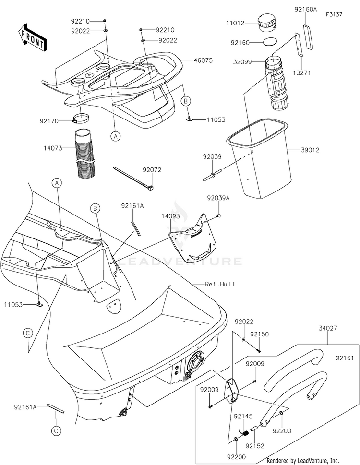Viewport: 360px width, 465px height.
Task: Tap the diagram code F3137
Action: (x=334, y=15)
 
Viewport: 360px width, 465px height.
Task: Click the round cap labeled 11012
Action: (x=266, y=23)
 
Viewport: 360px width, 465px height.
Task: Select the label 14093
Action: (x=171, y=217)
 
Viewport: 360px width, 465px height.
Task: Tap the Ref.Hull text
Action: (x=220, y=284)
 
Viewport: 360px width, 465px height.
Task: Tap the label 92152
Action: (x=255, y=446)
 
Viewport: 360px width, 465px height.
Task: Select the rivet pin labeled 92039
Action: (x=212, y=175)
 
